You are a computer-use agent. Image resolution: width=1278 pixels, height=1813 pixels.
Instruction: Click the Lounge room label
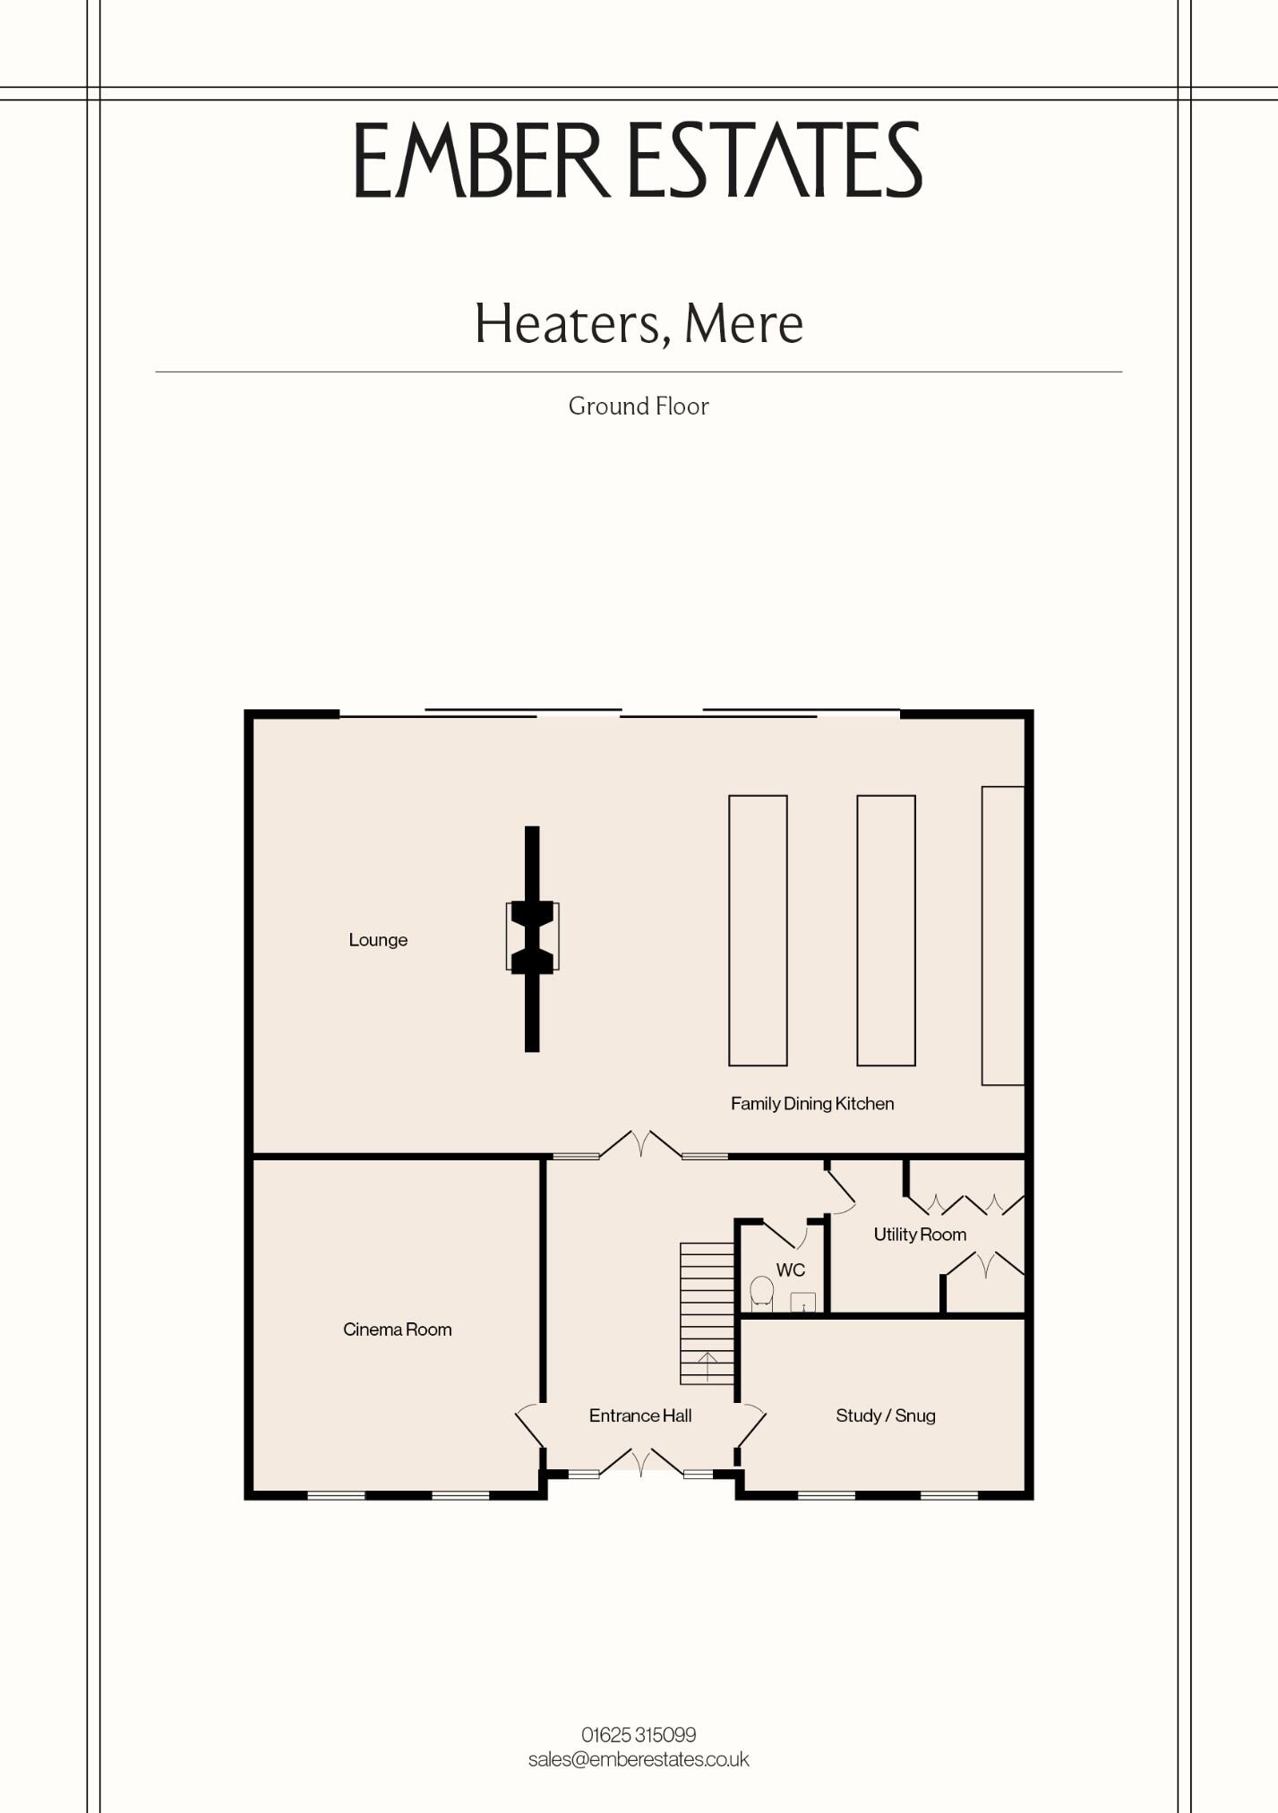click(378, 940)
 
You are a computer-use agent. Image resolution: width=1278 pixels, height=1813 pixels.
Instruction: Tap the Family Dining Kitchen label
click(812, 1104)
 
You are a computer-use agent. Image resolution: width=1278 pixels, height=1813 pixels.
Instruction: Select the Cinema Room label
click(397, 1330)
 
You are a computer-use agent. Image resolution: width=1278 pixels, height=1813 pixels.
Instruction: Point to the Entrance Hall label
click(640, 1415)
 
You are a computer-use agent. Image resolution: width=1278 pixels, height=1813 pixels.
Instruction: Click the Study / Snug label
click(886, 1415)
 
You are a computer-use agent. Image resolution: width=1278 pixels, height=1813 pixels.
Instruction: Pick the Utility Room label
click(920, 1235)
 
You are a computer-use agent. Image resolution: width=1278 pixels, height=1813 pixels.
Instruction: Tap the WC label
click(791, 1270)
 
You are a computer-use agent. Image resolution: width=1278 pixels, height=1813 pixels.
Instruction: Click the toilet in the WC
click(761, 1294)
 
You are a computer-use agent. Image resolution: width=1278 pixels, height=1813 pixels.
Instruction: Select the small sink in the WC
click(803, 1303)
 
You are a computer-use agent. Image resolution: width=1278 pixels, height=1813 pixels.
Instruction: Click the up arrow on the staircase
click(708, 1366)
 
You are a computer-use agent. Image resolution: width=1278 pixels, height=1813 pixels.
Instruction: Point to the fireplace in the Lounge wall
click(532, 937)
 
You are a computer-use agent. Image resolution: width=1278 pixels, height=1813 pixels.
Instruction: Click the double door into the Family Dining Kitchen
click(640, 1143)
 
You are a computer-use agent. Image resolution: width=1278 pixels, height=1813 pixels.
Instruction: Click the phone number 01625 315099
click(639, 1735)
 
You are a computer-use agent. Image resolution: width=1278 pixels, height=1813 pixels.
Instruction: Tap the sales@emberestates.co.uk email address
click(639, 1759)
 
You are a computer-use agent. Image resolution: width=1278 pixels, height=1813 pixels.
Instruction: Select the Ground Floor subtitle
click(639, 406)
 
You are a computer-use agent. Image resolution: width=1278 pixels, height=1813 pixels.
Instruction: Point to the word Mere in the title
click(743, 324)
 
